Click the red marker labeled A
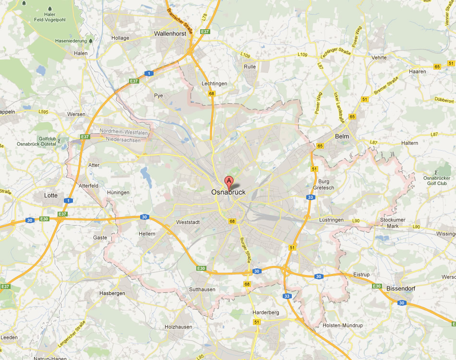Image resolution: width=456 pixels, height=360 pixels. point(229,182)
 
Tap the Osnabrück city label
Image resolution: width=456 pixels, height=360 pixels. point(228,192)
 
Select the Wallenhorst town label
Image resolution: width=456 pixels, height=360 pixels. point(170,34)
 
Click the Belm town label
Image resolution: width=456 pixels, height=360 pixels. point(342,136)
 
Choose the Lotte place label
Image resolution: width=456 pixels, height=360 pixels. point(50,195)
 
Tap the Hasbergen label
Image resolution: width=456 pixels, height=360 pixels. point(112,293)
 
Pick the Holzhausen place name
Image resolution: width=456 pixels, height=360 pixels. point(178,327)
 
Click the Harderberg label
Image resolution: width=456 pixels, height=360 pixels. point(266,312)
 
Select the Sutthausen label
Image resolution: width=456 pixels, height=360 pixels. point(202,289)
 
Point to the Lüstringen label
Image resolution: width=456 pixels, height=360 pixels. point(332,220)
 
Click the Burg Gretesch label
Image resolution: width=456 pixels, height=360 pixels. point(323,184)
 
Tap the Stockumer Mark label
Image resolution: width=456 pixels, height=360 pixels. point(389,223)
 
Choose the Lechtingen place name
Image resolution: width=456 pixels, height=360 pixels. point(214,84)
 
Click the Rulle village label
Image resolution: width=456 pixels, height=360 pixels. point(250,67)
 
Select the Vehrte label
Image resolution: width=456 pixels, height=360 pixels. point(379,58)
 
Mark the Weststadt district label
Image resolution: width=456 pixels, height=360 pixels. point(186,223)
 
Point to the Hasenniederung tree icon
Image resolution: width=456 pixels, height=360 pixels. point(90,41)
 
